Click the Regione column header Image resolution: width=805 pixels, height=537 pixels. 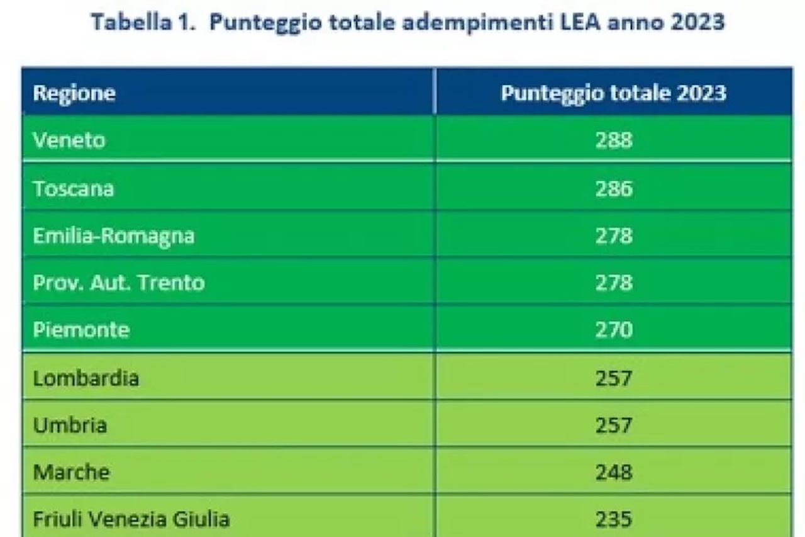(x=74, y=93)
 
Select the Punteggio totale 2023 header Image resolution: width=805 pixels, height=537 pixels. (x=613, y=93)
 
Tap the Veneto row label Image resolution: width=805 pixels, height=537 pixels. (x=69, y=140)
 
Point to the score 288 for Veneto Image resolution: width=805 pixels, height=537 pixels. (x=613, y=140)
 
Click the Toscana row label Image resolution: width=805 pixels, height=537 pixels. (x=74, y=188)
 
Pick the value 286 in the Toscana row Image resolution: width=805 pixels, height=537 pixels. (x=613, y=188)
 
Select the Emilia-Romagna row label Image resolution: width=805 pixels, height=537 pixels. (x=114, y=236)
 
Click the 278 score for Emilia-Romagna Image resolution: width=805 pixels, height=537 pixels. (x=613, y=236)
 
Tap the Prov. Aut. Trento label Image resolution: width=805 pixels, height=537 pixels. (x=119, y=283)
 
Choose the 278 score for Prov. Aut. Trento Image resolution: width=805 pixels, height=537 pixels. (x=613, y=283)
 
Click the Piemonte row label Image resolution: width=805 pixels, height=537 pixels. (x=81, y=330)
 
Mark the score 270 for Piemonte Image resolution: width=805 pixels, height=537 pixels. (x=613, y=330)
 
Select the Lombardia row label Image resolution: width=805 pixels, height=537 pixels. (x=86, y=378)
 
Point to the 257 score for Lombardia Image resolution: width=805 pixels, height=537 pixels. (x=613, y=378)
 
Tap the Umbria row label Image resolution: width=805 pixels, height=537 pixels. (x=70, y=425)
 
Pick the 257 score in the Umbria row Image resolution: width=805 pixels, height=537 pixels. (x=613, y=425)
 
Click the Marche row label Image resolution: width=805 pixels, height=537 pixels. (x=71, y=472)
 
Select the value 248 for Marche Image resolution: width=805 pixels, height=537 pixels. (x=613, y=472)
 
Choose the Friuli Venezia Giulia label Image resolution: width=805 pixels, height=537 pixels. (x=131, y=519)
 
